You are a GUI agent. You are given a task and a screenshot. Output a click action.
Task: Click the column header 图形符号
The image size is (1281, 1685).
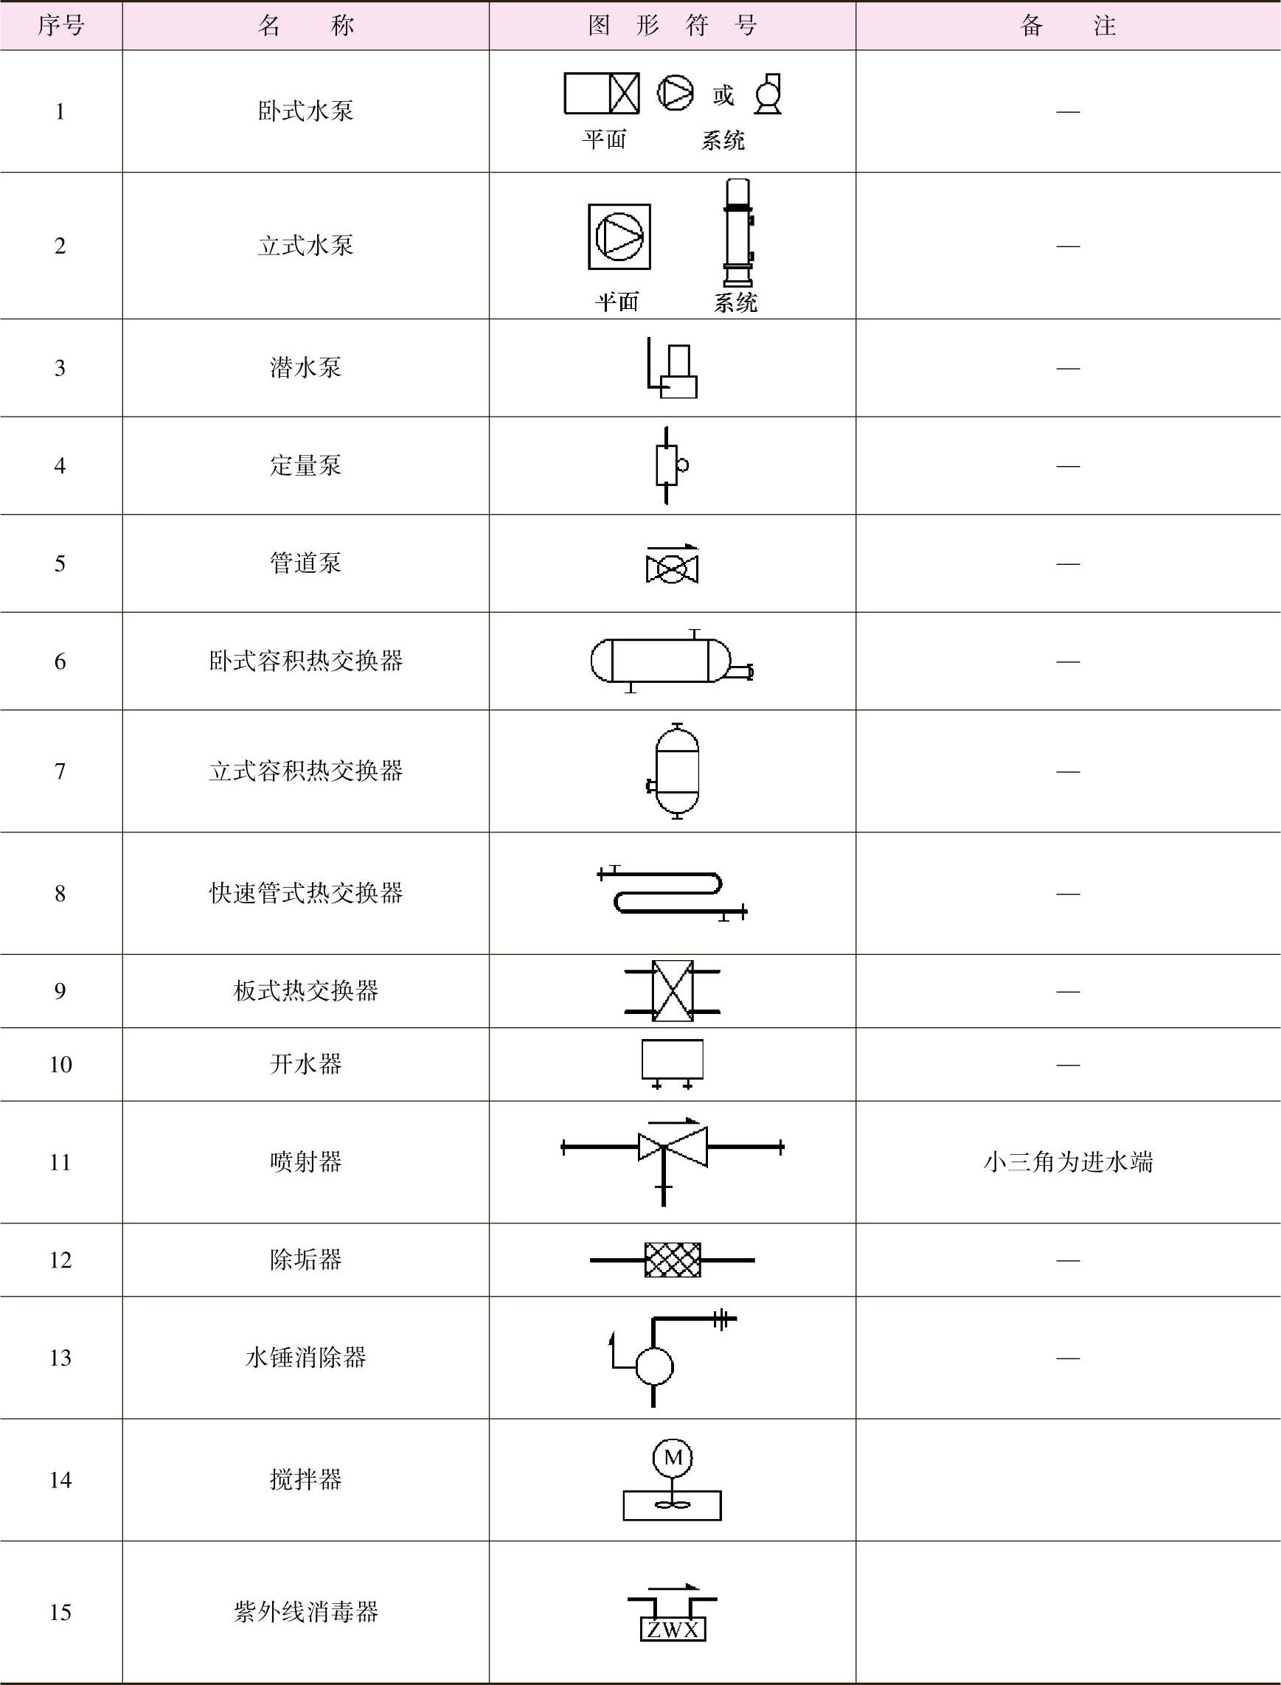coord(672,26)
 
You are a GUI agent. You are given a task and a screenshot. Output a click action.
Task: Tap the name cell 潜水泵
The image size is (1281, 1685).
coord(305,367)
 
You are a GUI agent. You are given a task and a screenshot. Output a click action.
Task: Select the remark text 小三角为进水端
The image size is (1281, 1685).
coord(1068,1162)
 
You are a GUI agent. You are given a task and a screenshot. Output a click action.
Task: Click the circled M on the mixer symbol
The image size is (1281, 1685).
coord(673,1457)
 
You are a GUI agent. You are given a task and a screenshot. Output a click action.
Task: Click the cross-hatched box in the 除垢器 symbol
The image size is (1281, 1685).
coord(673,1260)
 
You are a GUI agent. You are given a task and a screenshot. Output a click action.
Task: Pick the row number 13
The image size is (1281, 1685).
coord(60,1357)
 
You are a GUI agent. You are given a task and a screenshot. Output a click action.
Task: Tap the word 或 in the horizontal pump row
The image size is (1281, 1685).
coord(723,95)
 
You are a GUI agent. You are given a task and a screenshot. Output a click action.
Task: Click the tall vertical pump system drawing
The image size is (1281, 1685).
coord(737,232)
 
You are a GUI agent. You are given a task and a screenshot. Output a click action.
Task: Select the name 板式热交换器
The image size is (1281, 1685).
coord(305,990)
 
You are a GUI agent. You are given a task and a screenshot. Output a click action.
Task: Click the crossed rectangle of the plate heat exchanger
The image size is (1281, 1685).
coord(673,990)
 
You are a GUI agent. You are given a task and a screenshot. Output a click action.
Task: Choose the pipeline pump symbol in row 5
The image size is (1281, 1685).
coord(672,567)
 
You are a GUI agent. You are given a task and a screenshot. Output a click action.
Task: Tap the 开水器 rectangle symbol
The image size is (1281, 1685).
coord(673,1060)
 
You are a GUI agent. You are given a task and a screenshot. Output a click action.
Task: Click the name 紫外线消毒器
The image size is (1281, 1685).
coord(305,1612)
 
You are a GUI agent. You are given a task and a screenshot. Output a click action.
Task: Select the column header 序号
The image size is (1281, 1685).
coord(60,26)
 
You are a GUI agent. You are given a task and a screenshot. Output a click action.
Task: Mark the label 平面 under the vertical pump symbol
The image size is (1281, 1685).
coord(616,302)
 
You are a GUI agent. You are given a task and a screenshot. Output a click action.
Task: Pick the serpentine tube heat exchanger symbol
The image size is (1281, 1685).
coord(671,892)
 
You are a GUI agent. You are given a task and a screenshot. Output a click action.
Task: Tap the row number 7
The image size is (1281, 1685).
coord(60,771)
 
